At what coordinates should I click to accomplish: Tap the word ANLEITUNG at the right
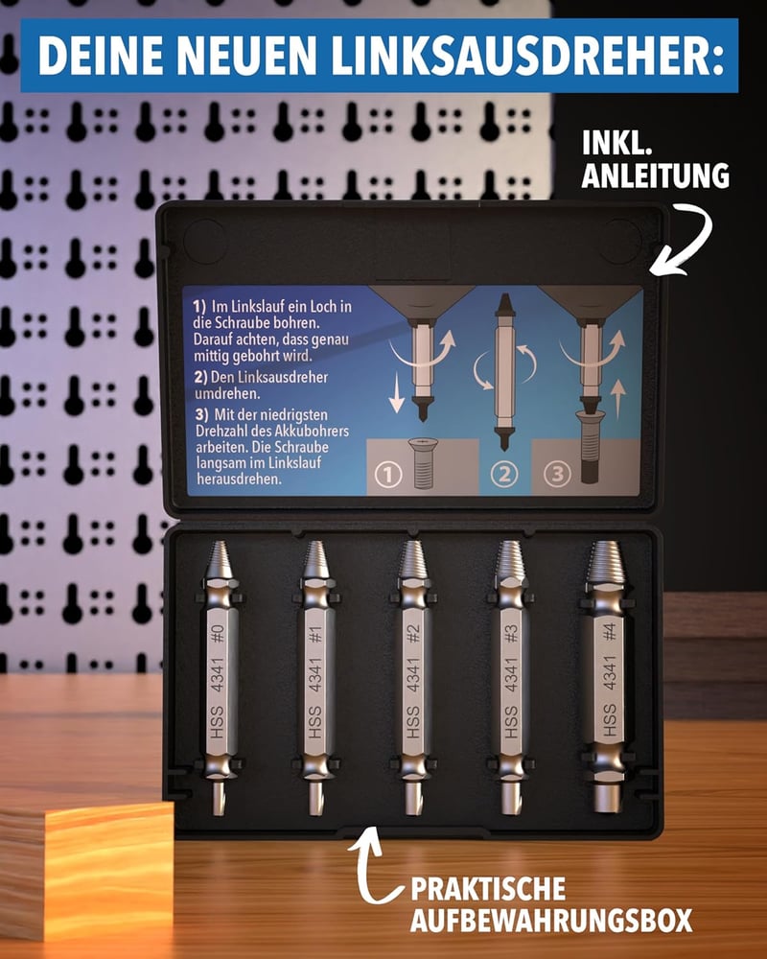[x=655, y=175]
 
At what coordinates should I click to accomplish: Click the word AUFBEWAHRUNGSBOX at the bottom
[x=551, y=920]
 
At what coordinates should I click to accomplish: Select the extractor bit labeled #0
[x=219, y=678]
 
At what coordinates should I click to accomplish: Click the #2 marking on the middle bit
[x=414, y=634]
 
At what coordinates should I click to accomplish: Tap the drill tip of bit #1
[x=315, y=799]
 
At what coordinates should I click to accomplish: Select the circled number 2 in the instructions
[x=504, y=474]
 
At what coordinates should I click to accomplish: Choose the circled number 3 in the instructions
[x=557, y=474]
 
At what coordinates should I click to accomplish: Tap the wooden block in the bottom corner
[x=85, y=872]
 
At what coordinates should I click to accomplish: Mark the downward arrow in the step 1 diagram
[x=397, y=392]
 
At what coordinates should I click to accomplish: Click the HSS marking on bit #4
[x=608, y=722]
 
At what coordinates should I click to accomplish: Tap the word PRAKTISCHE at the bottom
[x=487, y=889]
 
